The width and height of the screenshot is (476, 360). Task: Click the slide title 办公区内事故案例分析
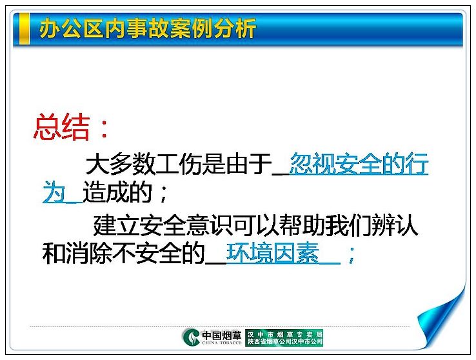[148, 28]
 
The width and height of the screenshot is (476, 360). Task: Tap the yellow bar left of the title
[25, 28]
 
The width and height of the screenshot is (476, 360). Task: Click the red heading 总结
[62, 128]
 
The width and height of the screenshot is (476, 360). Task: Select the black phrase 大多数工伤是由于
[179, 165]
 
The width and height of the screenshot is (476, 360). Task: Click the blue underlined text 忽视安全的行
[359, 165]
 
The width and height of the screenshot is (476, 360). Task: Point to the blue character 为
[54, 192]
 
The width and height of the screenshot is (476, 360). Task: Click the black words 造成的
[117, 192]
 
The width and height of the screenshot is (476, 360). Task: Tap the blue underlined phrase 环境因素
[273, 253]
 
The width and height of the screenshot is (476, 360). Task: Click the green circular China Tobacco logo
[191, 337]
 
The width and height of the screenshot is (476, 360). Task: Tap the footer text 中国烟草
[222, 335]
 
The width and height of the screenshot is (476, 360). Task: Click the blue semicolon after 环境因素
[352, 255]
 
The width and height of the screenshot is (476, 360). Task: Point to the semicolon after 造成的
[164, 194]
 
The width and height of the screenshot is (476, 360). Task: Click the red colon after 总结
[104, 128]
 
